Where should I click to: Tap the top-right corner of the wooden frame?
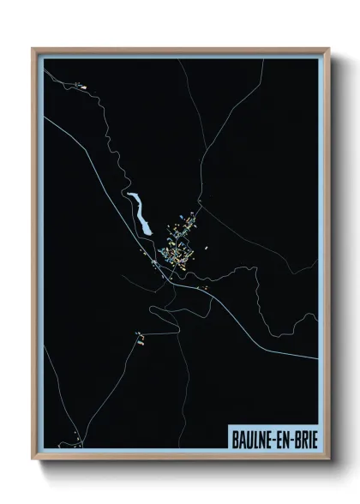tap(329, 49)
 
